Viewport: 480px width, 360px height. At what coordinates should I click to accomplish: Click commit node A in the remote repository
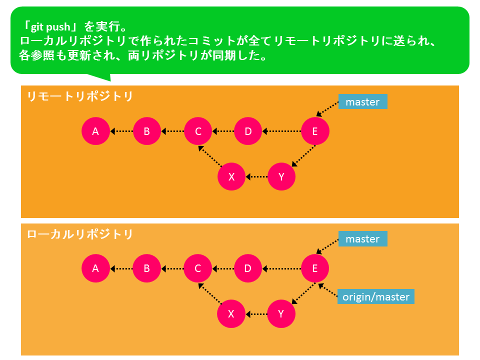(95, 131)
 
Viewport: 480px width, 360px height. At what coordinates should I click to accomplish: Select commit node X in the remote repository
(231, 176)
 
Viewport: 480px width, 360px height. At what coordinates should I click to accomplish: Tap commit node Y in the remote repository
(281, 176)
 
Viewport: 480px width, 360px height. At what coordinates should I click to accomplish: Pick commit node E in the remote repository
(315, 131)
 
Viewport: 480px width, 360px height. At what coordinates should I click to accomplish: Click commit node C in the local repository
(198, 268)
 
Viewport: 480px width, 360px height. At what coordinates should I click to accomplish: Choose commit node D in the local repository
(247, 268)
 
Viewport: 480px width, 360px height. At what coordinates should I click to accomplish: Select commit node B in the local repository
(146, 268)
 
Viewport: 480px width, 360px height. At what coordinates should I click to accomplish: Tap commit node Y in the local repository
(281, 314)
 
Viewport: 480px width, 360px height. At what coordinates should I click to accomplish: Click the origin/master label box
(376, 296)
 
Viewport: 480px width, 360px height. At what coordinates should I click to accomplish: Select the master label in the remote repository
(363, 101)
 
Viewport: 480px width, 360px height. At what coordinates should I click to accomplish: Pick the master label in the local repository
(363, 239)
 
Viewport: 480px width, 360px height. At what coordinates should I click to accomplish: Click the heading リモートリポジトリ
(80, 96)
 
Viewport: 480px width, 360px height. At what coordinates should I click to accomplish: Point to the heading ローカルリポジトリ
(80, 234)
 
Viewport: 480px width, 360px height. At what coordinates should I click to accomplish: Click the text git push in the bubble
(50, 27)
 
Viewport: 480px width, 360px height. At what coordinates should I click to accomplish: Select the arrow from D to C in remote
(223, 131)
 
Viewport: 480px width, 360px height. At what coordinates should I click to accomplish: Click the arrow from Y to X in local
(256, 314)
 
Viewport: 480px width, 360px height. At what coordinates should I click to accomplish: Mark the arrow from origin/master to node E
(328, 290)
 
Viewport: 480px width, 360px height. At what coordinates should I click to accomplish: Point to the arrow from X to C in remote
(210, 156)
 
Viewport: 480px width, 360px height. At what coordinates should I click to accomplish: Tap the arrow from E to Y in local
(303, 293)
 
